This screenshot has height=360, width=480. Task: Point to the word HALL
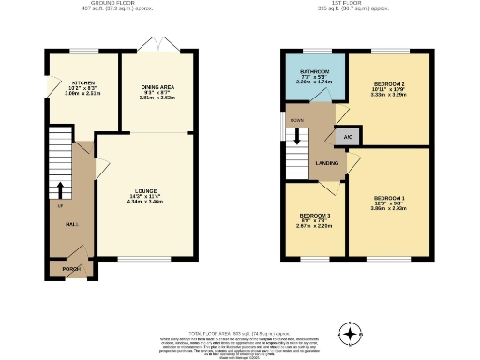pos(71,224)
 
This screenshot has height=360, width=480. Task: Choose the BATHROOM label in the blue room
pos(314,71)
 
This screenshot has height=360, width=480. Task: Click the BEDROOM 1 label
pos(388,198)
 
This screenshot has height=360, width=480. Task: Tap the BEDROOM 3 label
pos(314,216)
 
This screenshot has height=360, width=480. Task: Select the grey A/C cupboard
pos(348,136)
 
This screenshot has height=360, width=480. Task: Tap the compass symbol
pos(351,335)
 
